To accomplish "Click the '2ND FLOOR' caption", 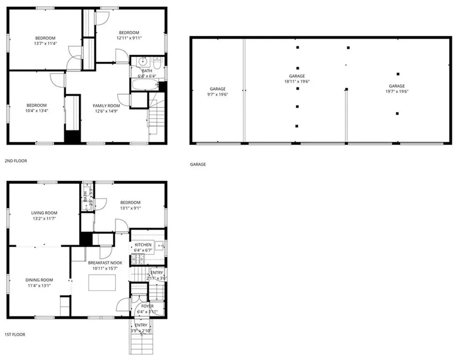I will click(16, 161).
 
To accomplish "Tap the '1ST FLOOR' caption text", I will click(15, 335).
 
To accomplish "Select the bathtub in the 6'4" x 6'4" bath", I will click(144, 85).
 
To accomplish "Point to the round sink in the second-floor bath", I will click(144, 62).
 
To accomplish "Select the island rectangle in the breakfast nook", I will click(102, 283).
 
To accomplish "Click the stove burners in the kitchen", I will click(136, 258).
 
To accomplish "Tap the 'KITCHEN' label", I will click(144, 245).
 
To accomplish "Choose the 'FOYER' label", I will click(147, 306).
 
